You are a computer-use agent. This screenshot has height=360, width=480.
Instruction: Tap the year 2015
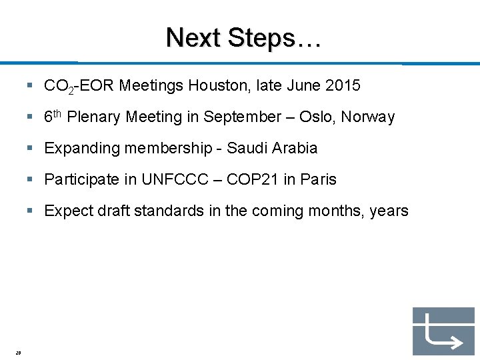click(343, 85)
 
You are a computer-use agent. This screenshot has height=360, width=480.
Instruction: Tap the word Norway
click(368, 117)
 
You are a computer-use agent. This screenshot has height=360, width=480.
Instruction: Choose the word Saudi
click(245, 148)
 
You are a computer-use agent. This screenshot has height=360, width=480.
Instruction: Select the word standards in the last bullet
click(177, 211)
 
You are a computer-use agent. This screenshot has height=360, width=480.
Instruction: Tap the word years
click(389, 211)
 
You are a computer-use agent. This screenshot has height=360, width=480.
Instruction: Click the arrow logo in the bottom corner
click(443, 331)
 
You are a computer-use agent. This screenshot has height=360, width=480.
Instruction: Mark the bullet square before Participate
click(31, 179)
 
